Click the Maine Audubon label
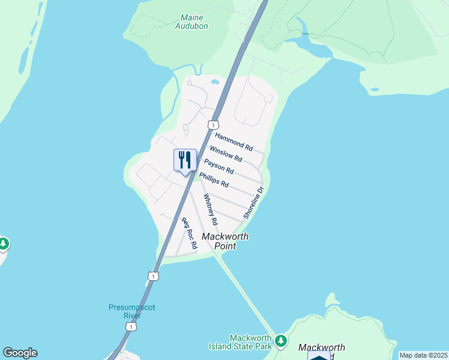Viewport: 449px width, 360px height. point(191,22)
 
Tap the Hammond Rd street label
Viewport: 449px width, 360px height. point(234,142)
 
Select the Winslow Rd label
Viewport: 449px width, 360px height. point(226,154)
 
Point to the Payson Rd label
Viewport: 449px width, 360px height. point(218,166)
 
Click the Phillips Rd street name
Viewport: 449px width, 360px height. point(214,179)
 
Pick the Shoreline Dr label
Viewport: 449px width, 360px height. point(253,203)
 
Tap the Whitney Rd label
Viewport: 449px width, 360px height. point(210,209)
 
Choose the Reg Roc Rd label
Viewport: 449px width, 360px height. point(190,233)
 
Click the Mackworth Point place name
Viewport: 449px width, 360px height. point(224,241)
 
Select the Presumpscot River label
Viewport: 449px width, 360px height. point(132,311)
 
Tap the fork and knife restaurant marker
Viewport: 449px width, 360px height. point(185,161)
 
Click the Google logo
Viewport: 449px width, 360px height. point(20,353)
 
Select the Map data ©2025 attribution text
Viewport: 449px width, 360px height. point(423,355)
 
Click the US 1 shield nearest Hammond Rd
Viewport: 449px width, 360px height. point(212,124)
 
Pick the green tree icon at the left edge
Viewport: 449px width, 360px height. point(3,244)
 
